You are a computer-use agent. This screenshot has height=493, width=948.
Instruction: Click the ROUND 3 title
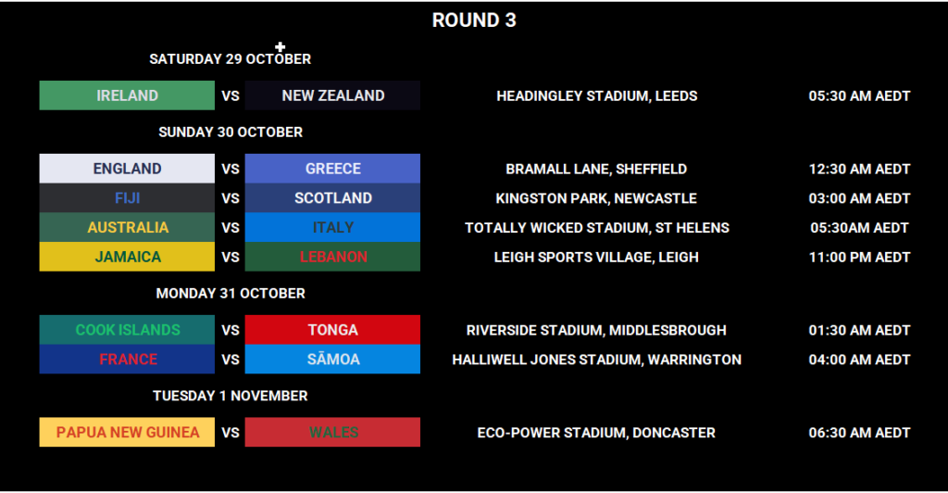(x=474, y=20)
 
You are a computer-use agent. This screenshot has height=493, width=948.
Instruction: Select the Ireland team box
(x=127, y=95)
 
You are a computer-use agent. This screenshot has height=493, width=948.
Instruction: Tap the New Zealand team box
(x=332, y=95)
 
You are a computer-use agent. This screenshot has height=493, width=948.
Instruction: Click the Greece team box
(x=332, y=169)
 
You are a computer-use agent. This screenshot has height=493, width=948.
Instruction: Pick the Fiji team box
(x=127, y=198)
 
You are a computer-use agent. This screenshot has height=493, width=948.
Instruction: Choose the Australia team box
(x=127, y=227)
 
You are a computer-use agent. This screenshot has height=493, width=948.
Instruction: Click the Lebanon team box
(x=332, y=257)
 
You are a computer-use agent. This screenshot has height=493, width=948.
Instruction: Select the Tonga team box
(x=332, y=330)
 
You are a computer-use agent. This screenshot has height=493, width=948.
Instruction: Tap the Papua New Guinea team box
(x=127, y=432)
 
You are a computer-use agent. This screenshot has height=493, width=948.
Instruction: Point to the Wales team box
(x=332, y=432)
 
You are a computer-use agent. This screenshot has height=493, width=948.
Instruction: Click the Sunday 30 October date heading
(x=231, y=133)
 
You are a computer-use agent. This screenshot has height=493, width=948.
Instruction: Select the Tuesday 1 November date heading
(x=231, y=396)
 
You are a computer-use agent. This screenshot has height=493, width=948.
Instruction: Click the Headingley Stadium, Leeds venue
(x=596, y=95)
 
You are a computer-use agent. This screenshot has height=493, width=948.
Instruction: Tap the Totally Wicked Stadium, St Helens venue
(x=596, y=228)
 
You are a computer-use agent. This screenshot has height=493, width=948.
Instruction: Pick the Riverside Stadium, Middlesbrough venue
(x=596, y=330)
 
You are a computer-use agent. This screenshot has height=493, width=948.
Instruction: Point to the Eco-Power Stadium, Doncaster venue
(x=596, y=433)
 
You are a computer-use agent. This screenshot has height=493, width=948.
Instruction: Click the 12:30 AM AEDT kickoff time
(x=859, y=170)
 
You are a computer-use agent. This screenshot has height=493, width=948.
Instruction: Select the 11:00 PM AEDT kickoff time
(x=859, y=258)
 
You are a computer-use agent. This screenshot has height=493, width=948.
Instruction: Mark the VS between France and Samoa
(x=231, y=360)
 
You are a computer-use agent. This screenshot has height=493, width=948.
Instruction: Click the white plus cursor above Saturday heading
(x=281, y=46)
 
